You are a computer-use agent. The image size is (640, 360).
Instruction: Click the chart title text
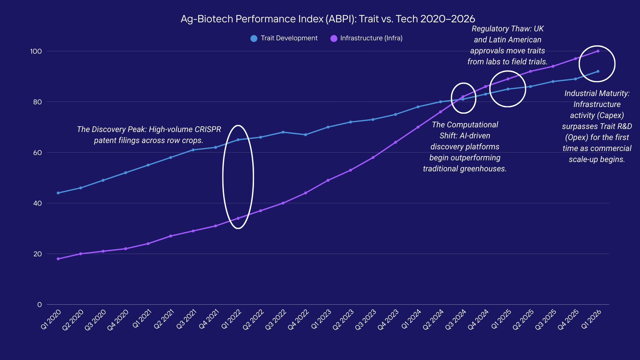click(328, 19)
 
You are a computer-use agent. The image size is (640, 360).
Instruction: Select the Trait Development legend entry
click(284, 38)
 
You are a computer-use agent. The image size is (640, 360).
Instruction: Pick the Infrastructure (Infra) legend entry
click(367, 38)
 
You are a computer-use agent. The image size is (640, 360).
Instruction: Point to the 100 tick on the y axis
click(36, 51)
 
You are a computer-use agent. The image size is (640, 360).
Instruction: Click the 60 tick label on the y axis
click(37, 153)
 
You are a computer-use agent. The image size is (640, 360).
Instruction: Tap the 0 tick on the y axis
click(39, 305)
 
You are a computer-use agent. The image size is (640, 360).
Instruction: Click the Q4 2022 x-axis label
click(298, 319)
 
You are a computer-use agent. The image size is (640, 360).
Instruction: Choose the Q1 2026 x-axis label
click(591, 319)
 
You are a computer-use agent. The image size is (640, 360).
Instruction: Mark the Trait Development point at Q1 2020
click(58, 193)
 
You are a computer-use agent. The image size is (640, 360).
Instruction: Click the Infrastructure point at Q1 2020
click(58, 259)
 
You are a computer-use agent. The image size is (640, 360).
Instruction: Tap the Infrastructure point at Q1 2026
click(598, 51)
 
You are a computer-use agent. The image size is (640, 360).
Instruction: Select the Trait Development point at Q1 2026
click(598, 71)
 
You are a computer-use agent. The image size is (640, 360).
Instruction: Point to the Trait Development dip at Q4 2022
click(306, 135)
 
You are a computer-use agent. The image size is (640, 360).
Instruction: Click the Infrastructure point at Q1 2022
click(238, 218)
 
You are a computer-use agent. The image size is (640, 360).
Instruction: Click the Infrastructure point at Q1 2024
click(418, 127)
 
